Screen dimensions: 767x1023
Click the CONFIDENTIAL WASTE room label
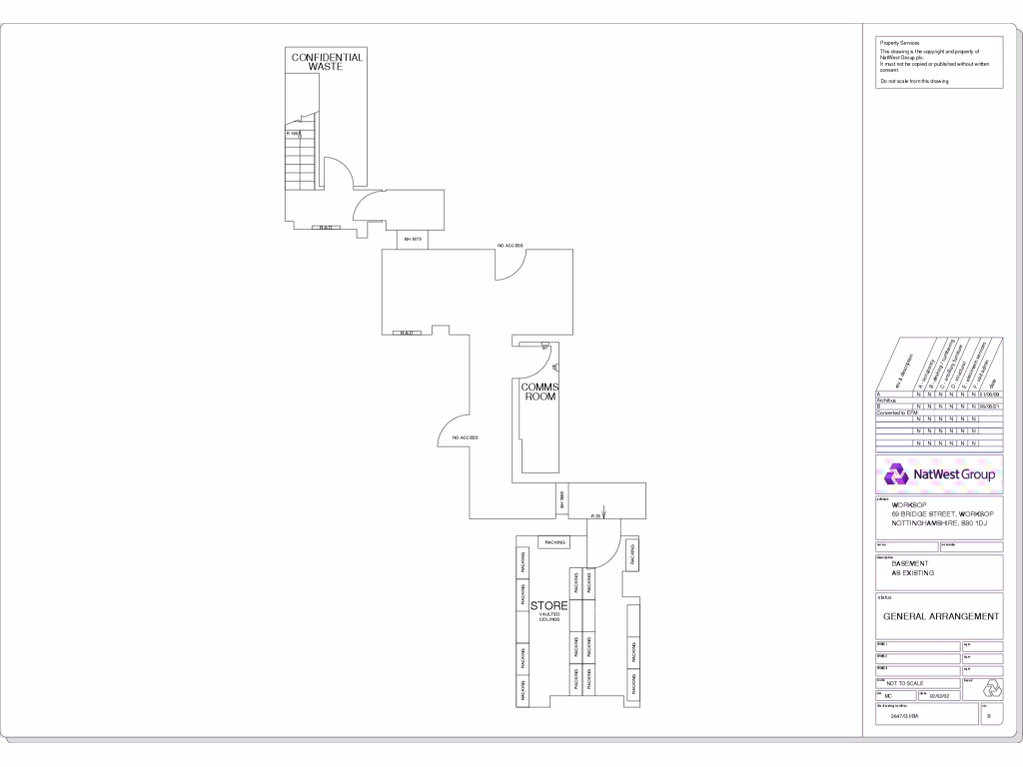327,62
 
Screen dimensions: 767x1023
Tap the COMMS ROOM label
540,391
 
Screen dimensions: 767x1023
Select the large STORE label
548,605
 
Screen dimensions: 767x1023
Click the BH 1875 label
413,240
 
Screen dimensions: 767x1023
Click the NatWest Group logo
939,473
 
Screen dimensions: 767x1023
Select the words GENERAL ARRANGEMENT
940,616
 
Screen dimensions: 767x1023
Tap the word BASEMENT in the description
910,563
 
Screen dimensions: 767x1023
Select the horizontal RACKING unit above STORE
554,542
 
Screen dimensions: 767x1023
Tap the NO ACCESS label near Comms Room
466,437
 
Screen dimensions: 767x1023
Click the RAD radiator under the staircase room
326,228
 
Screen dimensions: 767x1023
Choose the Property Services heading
899,43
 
